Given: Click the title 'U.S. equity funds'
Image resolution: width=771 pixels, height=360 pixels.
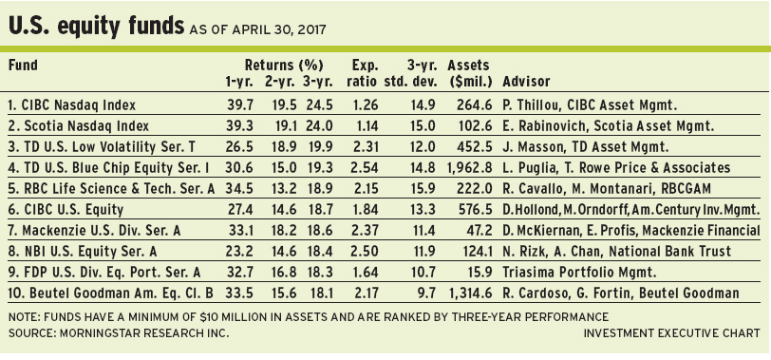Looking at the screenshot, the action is pos(96,27).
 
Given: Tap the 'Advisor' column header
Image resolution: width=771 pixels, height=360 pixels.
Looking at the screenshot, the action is pos(526,81).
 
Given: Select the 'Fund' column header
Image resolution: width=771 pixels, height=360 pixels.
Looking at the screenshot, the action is pos(23,65).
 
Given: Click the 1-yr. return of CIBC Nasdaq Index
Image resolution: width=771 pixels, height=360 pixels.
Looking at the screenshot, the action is pos(239,104).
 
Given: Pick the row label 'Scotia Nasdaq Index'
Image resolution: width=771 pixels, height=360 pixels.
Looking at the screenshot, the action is pos(79,126).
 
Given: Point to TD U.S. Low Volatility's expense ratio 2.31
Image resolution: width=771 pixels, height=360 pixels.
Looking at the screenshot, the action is pos(365,146).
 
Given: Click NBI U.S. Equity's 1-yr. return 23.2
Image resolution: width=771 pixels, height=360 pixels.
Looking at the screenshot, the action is pos(239,252).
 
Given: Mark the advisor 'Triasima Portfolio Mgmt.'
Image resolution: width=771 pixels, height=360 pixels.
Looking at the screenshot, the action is pos(579,272).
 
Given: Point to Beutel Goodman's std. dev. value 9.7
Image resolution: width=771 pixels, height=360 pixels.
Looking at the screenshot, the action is pos(425,294).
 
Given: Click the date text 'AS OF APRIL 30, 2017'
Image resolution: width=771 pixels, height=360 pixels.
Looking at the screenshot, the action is pos(257,30).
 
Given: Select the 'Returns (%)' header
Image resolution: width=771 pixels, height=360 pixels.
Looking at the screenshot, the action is pos(284,66).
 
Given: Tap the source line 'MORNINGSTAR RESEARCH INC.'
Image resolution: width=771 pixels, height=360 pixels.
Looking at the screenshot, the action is pos(144,333).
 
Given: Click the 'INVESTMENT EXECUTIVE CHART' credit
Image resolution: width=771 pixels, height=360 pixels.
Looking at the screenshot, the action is pos(671,333).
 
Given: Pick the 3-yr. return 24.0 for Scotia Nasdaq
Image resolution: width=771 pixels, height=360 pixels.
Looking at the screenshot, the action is pos(320,126).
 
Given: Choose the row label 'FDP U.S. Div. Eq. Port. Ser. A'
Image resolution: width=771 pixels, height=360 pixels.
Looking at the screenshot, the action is pos(104,272).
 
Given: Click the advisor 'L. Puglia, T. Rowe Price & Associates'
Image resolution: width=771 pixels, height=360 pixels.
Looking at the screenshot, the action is pos(616,168).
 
